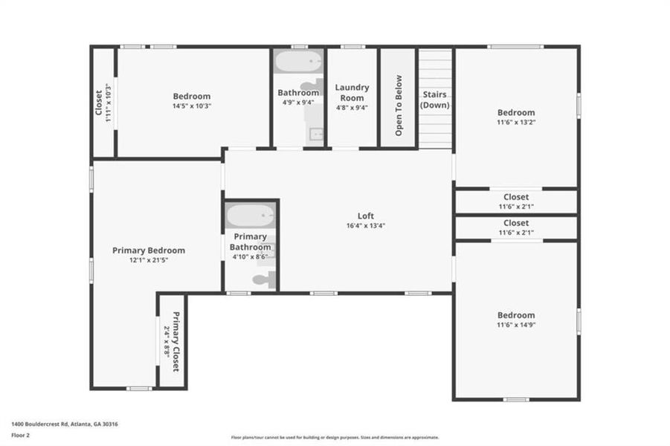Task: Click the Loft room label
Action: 366,216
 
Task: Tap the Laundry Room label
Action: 352,93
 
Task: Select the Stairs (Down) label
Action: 435,100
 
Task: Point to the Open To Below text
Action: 399,106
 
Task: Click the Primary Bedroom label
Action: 149,251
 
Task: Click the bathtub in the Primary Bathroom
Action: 251,216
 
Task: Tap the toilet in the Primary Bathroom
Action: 264,279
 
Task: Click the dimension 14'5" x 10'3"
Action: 192,106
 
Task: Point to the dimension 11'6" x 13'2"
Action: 516,123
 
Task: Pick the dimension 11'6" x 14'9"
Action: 516,325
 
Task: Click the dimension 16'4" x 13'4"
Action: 366,225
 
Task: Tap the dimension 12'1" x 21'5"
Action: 149,260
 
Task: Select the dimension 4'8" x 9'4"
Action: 352,107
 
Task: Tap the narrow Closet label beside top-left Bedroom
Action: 99,103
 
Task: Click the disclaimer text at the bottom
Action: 335,438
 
